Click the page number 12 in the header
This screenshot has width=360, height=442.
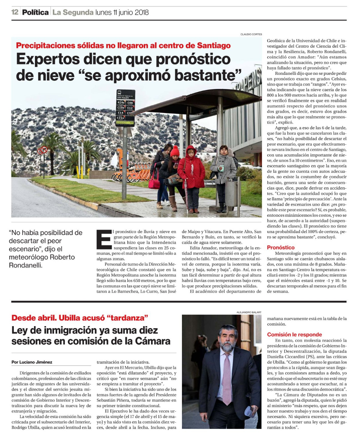point(15,12)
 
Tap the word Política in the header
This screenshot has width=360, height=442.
point(35,12)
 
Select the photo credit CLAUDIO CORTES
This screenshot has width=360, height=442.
point(251,34)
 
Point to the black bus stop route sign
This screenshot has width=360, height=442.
point(125,108)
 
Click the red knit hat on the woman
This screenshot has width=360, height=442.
point(175,152)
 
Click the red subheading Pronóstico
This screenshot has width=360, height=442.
point(280,247)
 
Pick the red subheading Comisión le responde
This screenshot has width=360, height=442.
point(294,334)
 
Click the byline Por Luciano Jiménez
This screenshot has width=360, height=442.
point(32,362)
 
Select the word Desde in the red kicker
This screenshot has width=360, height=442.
point(23,318)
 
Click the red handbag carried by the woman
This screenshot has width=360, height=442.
point(154,183)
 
